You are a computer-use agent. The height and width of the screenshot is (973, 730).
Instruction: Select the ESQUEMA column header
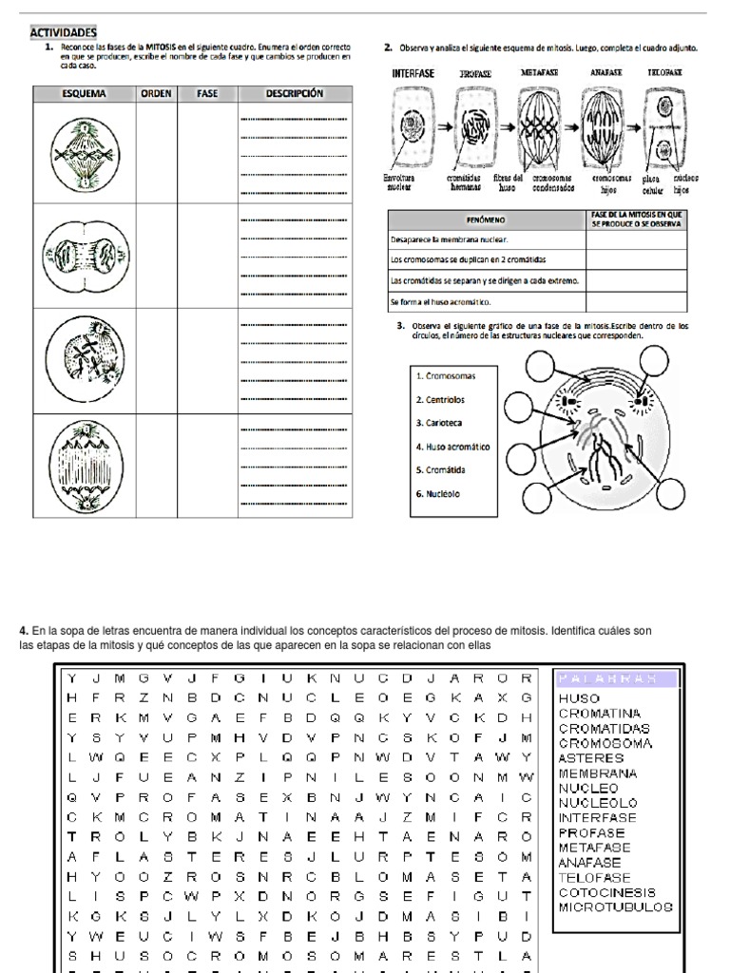pyautogui.click(x=84, y=94)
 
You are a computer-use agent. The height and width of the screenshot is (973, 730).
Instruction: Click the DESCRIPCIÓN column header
pyautogui.click(x=295, y=94)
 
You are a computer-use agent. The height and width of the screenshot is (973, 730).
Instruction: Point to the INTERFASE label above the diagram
pyautogui.click(x=413, y=72)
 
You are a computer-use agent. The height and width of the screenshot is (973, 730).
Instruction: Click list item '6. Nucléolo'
pyautogui.click(x=438, y=493)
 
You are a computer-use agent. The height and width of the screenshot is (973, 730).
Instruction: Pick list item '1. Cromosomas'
pyautogui.click(x=446, y=375)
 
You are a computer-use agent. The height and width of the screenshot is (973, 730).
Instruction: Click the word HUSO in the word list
pyautogui.click(x=580, y=698)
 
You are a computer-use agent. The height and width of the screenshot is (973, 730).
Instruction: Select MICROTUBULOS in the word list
pyautogui.click(x=616, y=907)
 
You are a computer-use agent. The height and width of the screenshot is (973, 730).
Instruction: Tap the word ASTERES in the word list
pyautogui.click(x=591, y=758)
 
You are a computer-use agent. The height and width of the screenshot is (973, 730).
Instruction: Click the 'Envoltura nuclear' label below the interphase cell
pyautogui.click(x=399, y=182)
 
